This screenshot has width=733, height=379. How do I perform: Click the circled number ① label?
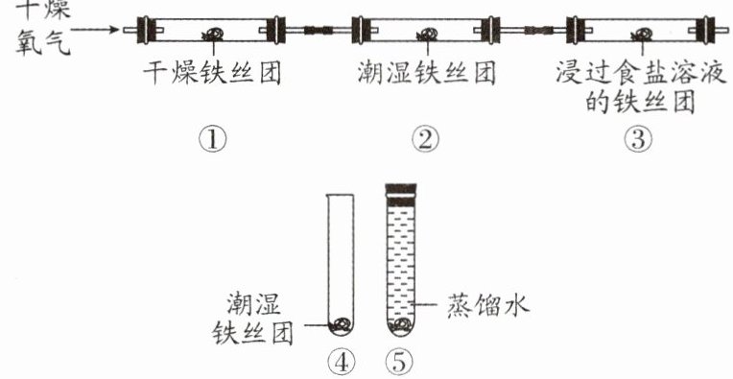213,140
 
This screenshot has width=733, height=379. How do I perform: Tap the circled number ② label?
425,140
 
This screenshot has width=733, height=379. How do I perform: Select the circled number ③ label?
639,140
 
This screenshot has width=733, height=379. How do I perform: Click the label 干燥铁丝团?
212,74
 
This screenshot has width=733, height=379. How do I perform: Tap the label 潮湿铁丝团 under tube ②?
426,74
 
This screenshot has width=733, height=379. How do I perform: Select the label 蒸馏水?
488,306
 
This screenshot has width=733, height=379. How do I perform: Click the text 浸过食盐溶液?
641,74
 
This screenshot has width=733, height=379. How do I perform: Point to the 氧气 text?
43,44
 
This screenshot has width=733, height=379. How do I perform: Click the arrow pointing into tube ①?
95,30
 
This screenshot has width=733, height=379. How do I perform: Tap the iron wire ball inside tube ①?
213,34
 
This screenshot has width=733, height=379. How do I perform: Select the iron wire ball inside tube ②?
428,34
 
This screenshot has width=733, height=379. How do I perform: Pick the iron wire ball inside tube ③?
642,34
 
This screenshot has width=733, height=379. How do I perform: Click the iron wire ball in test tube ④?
341,324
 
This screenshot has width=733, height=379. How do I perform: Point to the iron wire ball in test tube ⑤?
400,325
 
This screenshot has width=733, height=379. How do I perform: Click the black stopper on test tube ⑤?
401,194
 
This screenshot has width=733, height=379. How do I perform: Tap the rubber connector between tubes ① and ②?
318,31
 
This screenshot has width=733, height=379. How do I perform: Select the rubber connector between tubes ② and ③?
538,31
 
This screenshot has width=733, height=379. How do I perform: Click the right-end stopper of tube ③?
705,31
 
